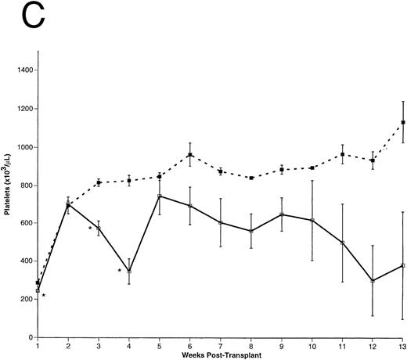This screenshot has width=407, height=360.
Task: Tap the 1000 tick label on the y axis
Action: tap(23, 147)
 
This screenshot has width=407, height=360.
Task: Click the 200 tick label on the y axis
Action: tap(25, 300)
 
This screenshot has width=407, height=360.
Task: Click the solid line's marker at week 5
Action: tap(160, 196)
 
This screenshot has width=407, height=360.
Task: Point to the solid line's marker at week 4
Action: tap(129, 272)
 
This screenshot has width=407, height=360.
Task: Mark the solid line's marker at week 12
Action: tap(373, 281)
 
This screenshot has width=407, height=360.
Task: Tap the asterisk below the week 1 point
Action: tap(44, 296)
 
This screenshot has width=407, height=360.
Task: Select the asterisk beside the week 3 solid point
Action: tap(90, 229)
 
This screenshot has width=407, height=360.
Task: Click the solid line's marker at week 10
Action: tap(312, 221)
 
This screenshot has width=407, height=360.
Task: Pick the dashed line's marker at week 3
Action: tap(99, 183)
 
